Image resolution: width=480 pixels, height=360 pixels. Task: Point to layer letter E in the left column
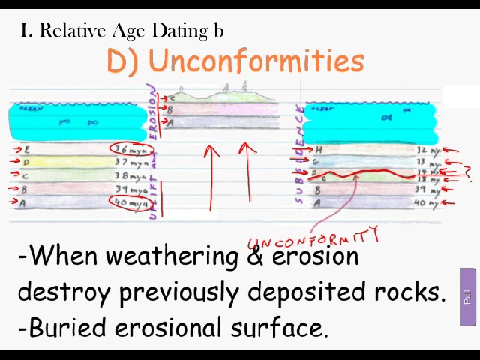(x=27, y=150)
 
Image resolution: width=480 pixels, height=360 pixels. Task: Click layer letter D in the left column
(x=27, y=163)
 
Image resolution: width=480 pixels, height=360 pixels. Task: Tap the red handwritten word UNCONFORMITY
(x=313, y=241)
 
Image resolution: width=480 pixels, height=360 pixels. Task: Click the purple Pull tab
(x=468, y=297)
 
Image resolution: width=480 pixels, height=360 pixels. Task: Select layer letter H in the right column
(x=319, y=150)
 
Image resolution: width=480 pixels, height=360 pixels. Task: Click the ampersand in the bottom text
(x=253, y=256)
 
